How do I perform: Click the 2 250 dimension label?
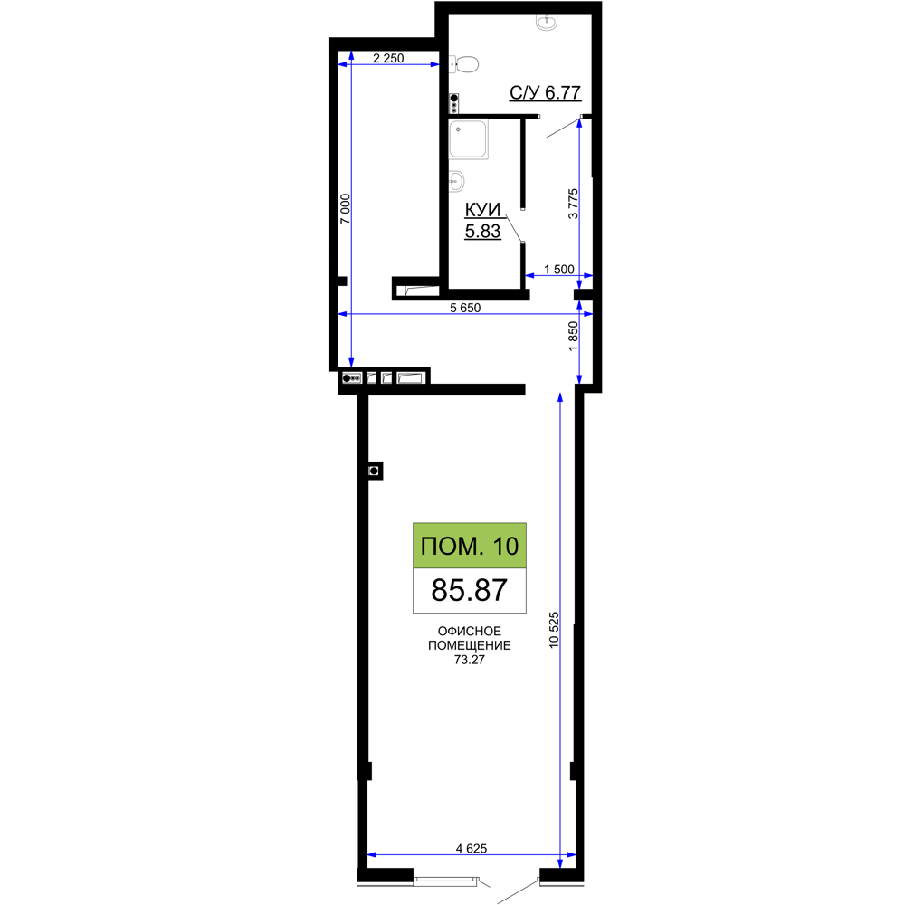(388, 58)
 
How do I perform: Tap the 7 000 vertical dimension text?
(345, 209)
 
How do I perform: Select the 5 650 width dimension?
(465, 308)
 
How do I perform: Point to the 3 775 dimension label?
(573, 204)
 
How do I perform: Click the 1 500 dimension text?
(559, 269)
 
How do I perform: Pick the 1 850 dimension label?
(573, 336)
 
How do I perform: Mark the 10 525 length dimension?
(554, 630)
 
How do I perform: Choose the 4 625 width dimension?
(472, 848)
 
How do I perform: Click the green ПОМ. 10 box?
(469, 546)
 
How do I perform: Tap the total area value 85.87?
(469, 590)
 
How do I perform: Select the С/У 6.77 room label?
(545, 92)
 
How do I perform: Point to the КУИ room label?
(483, 210)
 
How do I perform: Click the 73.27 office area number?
(469, 660)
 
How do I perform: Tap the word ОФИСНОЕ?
(469, 631)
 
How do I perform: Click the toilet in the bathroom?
(464, 64)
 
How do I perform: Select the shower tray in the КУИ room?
(469, 139)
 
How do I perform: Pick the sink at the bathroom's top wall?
(546, 22)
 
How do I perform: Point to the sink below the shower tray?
(456, 181)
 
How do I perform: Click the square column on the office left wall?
(375, 471)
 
